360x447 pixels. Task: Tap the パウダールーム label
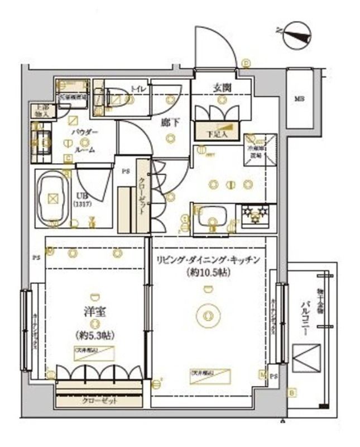(84, 140)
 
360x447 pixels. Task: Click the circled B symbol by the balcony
(291, 392)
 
